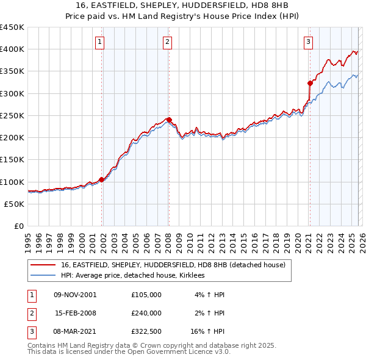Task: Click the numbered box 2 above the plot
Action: click(167, 42)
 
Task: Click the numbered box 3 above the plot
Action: click(309, 42)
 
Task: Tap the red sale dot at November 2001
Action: click(102, 179)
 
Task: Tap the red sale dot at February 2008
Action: click(169, 120)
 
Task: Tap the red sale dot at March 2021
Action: click(310, 83)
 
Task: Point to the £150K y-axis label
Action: click(12, 160)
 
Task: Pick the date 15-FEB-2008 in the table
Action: click(76, 313)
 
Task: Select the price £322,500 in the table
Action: click(146, 332)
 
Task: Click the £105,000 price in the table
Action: click(146, 294)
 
